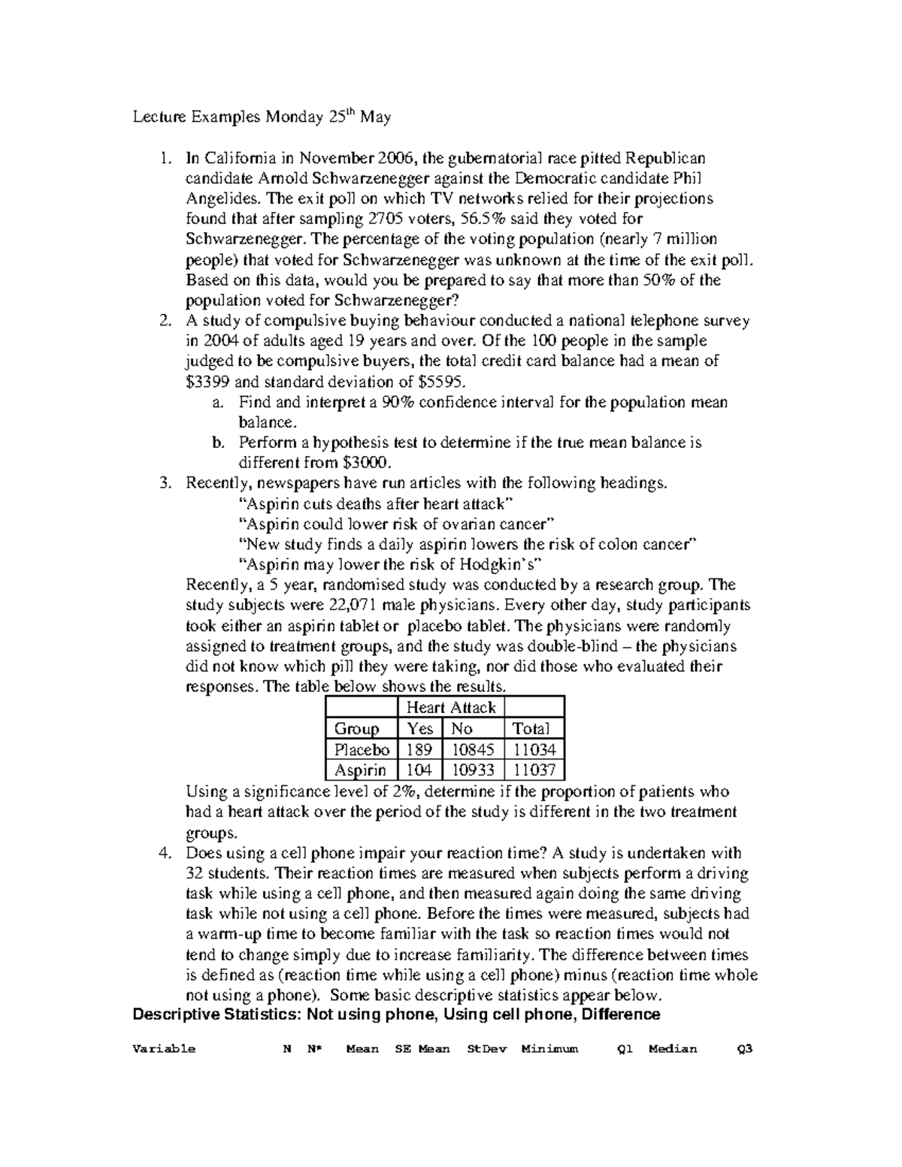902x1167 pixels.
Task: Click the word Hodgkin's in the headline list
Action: pos(505,564)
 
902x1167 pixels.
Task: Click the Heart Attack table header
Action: pos(451,708)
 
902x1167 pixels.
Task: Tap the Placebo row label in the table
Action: pos(362,750)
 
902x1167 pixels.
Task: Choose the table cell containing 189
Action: pos(419,750)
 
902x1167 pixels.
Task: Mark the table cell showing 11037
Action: pos(534,770)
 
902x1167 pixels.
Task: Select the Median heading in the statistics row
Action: pos(673,1049)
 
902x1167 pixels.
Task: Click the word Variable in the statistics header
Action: pos(163,1049)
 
